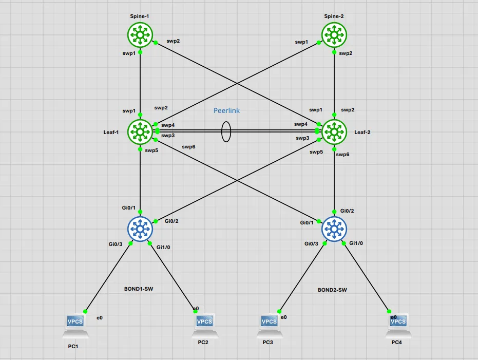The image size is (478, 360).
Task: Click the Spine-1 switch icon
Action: click(x=140, y=35)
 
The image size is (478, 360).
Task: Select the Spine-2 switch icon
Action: click(x=334, y=35)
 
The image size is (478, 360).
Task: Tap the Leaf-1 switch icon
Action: click(x=140, y=131)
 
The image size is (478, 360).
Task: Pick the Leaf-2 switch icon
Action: click(x=334, y=131)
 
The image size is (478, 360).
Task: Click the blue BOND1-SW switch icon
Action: click(x=140, y=229)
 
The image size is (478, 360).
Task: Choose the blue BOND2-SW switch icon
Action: click(x=334, y=229)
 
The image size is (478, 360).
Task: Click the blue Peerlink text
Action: click(x=226, y=110)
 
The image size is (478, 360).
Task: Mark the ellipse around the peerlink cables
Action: click(x=222, y=131)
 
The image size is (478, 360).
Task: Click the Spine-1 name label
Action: click(x=140, y=16)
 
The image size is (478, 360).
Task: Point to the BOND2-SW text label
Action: click(x=332, y=290)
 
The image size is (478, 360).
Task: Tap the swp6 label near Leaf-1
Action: click(x=189, y=147)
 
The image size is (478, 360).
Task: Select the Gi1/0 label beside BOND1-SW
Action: click(x=163, y=247)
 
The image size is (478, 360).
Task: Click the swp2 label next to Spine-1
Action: click(x=173, y=41)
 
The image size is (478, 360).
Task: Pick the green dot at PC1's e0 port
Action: click(x=85, y=311)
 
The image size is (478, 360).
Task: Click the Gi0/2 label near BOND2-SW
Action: click(x=347, y=211)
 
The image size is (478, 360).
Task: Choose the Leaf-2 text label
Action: click(x=362, y=132)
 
